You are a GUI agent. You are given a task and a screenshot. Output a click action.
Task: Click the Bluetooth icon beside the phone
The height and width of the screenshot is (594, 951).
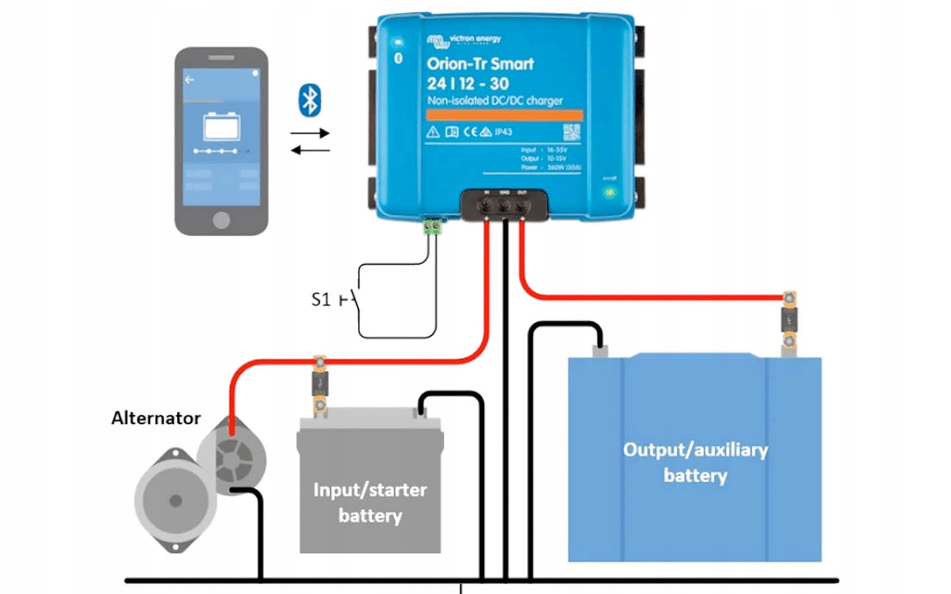pos(310,100)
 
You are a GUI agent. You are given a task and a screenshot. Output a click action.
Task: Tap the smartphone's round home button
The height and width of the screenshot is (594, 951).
pos(221,220)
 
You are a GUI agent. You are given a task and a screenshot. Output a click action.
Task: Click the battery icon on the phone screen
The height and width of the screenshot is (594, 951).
pos(221,126)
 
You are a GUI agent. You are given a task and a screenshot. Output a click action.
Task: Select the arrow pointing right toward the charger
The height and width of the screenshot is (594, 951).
pos(310,133)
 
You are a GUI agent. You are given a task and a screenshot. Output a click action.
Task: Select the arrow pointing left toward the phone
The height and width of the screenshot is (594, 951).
pos(310,150)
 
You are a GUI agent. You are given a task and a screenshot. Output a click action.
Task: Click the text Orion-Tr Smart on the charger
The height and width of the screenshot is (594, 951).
pos(480,64)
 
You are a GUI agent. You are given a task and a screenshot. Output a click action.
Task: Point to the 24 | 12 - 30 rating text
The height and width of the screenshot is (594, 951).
pos(468,84)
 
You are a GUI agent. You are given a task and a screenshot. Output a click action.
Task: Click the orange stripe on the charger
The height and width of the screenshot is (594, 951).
pos(504,115)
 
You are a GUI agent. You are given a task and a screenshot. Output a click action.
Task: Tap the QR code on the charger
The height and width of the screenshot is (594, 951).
pos(571,131)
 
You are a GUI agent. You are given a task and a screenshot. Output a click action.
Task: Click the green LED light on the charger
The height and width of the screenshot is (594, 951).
pos(610,193)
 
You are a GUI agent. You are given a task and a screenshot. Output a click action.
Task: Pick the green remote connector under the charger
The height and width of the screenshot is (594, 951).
pos(433,226)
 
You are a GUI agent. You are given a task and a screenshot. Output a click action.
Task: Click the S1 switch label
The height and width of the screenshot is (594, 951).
pos(320,300)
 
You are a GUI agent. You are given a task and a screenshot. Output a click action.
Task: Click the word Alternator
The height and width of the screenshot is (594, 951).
pos(156,418)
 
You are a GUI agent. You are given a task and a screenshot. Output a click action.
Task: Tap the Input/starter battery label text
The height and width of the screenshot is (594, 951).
pos(370,502)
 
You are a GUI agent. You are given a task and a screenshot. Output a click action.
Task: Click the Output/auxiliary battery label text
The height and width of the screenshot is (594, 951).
pos(695,462)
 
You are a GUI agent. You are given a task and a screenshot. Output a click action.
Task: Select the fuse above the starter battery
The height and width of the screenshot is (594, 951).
pos(320,383)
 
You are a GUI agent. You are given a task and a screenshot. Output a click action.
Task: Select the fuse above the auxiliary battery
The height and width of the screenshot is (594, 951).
pos(789,320)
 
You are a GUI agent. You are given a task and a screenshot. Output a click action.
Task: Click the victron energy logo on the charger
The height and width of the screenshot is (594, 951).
pos(464,40)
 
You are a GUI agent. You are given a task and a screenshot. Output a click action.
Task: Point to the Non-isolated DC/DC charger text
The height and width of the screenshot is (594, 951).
pos(495,101)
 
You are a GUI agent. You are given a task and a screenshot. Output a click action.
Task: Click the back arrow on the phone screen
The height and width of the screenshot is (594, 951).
pos(190,80)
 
